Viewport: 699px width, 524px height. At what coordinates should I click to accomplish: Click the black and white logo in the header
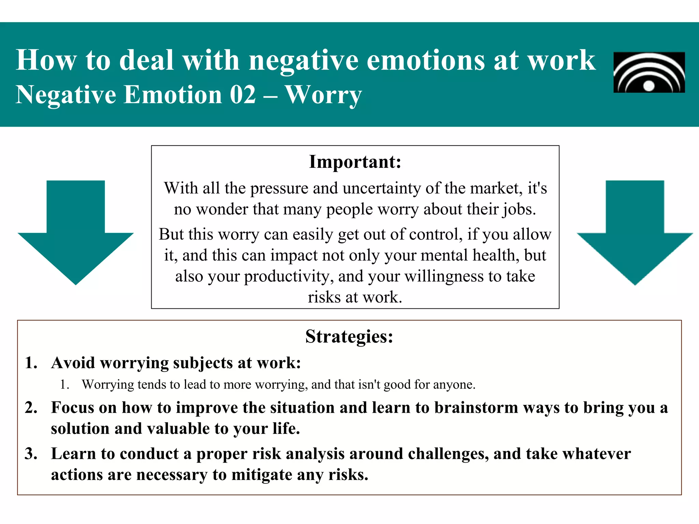click(x=649, y=72)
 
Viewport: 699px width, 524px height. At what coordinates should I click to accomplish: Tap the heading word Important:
click(x=355, y=162)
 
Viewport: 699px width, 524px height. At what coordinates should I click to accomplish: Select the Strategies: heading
click(x=349, y=336)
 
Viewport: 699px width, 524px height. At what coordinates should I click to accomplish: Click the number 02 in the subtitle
click(x=243, y=94)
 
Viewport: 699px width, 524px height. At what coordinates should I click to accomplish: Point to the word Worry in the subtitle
click(x=323, y=95)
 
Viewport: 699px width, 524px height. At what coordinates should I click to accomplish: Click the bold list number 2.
click(x=31, y=408)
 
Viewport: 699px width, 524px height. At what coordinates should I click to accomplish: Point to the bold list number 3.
click(x=31, y=454)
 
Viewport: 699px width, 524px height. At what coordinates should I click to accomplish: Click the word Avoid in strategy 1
click(x=73, y=363)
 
